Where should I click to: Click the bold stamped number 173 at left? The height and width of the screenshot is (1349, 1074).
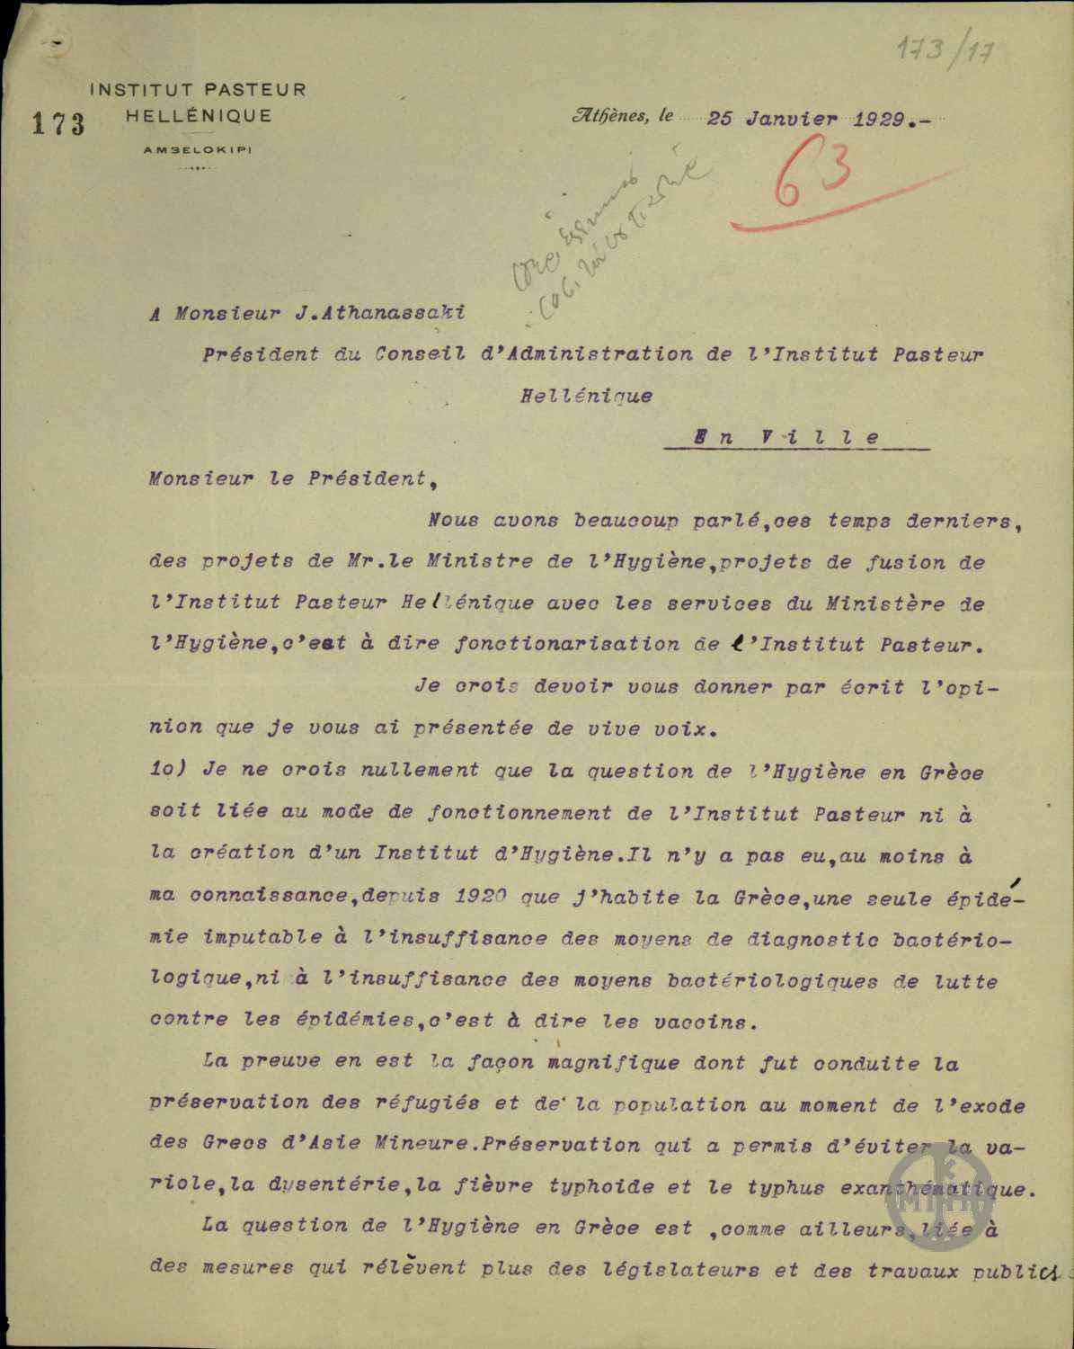pos(58,123)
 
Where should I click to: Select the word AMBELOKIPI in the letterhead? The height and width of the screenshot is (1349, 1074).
pos(198,150)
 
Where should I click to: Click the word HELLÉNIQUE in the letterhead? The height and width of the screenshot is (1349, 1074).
pos(199,116)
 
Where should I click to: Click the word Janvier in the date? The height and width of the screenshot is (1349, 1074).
pos(789,119)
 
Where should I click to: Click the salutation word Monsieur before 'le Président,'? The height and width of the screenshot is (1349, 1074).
pos(193,478)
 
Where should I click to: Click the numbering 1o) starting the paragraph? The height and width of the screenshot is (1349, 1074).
pos(171,772)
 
